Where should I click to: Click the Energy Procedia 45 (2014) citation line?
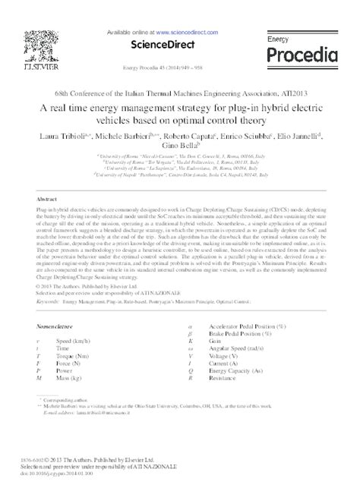pyautogui.click(x=180, y=65)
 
